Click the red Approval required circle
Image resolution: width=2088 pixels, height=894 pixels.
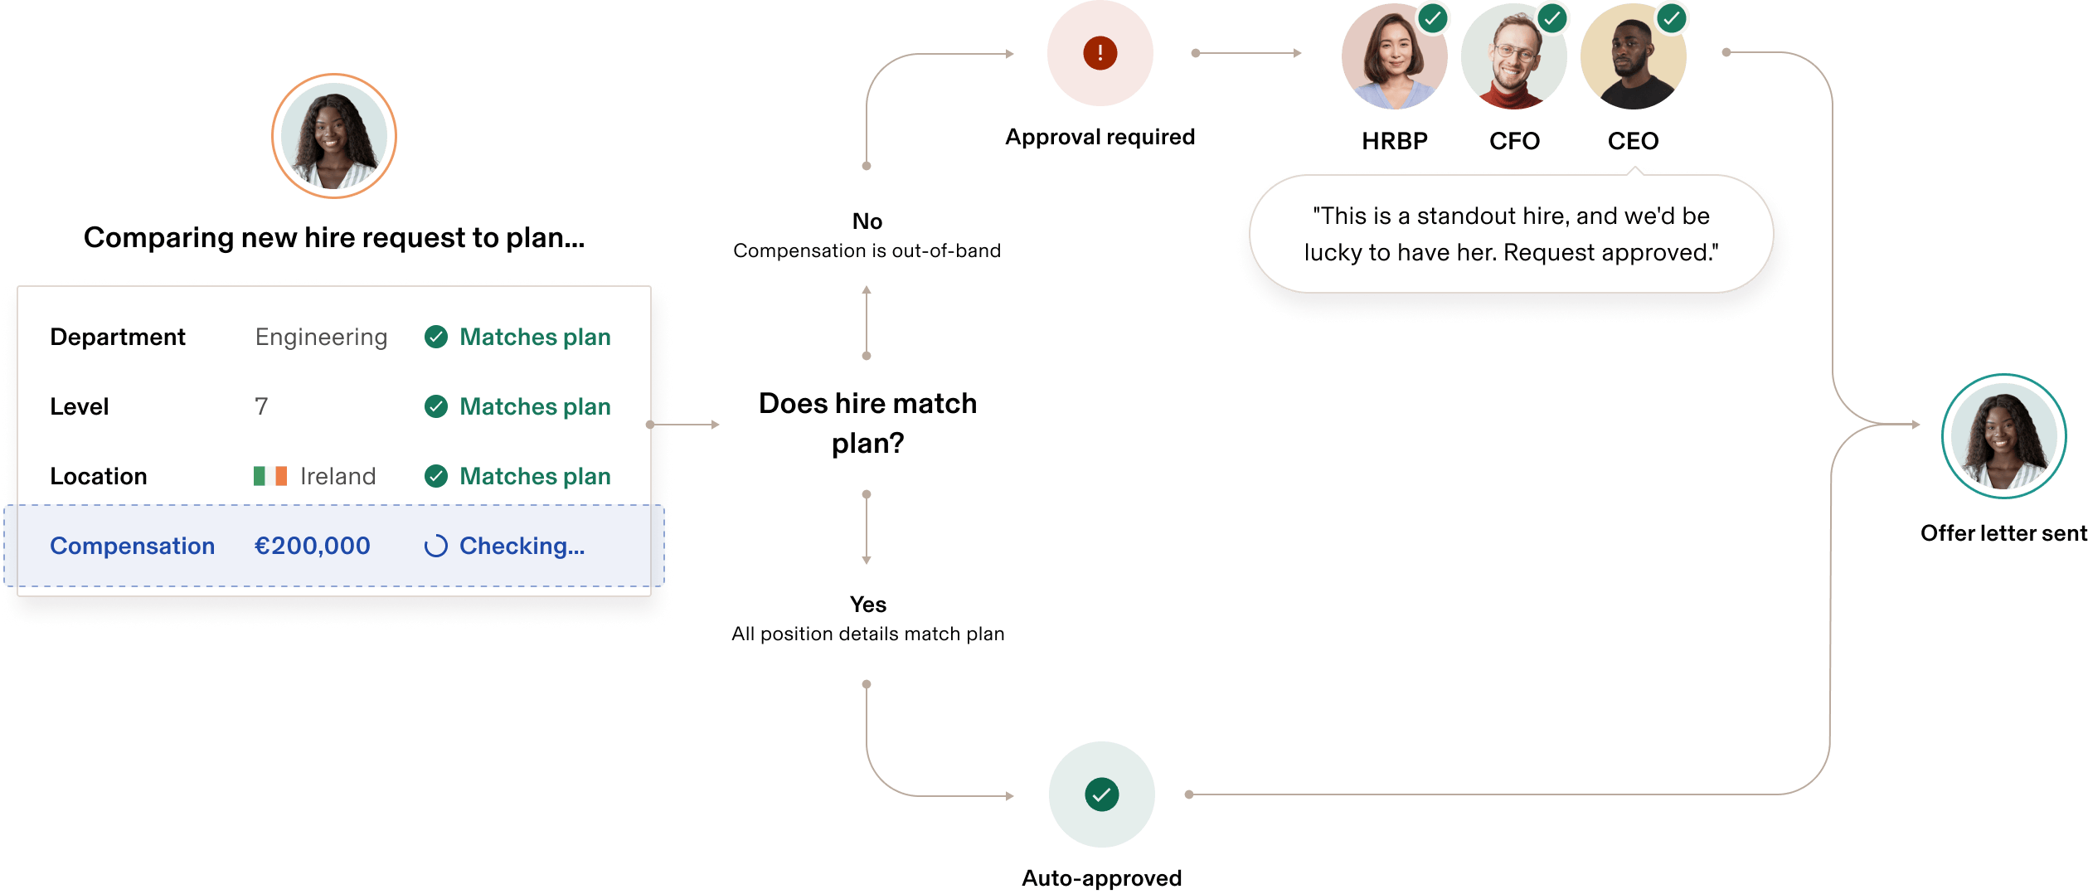(1100, 53)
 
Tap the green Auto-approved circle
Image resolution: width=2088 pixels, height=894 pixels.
(1101, 794)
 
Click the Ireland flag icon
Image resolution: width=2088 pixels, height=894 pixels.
(270, 476)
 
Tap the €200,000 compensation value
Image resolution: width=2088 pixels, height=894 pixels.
(312, 546)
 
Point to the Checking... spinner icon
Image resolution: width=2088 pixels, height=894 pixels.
(436, 546)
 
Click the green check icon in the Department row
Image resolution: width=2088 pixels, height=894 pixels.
(436, 337)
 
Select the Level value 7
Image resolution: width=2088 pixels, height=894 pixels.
(261, 406)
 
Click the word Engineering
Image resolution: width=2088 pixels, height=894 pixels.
(321, 337)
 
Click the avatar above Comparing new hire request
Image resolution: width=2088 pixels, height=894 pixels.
(334, 136)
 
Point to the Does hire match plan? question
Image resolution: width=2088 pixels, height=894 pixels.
(867, 423)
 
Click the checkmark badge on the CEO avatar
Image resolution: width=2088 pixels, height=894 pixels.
(1672, 18)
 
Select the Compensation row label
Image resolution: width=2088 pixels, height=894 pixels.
(132, 546)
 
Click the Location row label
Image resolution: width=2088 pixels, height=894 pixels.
(98, 476)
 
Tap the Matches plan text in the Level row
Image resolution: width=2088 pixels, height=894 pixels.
(535, 406)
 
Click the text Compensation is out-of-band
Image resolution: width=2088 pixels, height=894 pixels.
(867, 250)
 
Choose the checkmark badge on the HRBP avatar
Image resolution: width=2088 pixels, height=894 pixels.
(1433, 18)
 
